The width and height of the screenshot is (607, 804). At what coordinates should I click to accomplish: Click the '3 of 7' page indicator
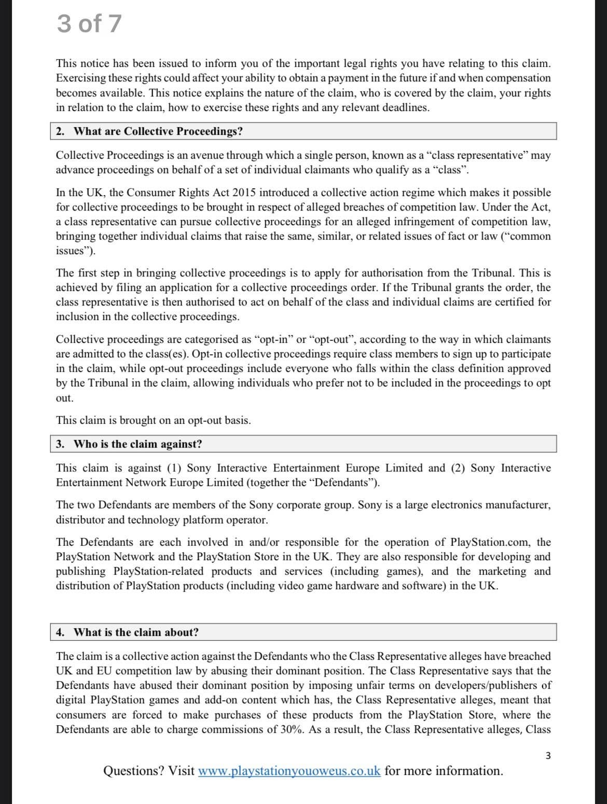click(89, 24)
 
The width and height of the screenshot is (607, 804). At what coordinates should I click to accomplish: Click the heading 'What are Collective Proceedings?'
click(158, 131)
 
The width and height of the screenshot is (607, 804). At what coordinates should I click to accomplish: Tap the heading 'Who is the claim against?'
click(137, 444)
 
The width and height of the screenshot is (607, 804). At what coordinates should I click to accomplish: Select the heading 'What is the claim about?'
click(136, 632)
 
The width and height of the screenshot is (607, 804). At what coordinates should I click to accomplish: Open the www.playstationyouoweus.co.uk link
click(289, 770)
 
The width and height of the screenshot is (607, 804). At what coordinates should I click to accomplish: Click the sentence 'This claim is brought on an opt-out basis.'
click(154, 420)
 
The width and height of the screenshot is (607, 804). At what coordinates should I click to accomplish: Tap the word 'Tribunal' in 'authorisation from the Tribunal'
click(493, 273)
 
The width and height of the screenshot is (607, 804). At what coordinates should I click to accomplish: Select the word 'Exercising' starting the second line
click(81, 78)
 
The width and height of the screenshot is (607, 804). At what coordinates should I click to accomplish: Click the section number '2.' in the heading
click(60, 131)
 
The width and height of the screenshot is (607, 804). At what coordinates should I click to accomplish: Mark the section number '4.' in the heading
click(60, 632)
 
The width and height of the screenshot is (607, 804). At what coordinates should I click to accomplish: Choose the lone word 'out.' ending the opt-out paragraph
click(64, 398)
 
